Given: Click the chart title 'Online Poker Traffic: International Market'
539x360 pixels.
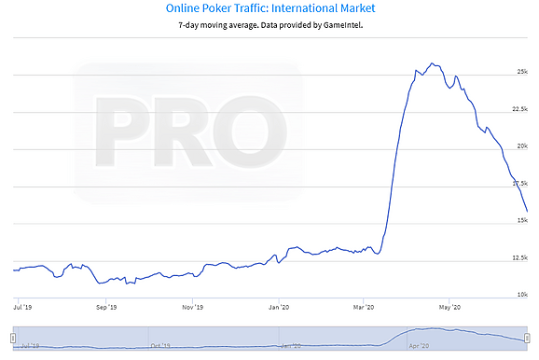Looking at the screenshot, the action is (270, 8).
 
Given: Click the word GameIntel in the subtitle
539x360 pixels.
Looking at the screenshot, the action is (342, 25).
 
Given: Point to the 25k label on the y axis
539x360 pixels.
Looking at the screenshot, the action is (522, 72).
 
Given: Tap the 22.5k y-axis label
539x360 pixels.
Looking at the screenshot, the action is (519, 109).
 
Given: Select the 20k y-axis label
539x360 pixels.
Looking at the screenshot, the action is (522, 146).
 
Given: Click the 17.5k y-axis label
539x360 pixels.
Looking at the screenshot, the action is (519, 184).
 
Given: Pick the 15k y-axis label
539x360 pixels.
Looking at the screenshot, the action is (522, 220).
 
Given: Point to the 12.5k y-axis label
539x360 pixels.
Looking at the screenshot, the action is (519, 257).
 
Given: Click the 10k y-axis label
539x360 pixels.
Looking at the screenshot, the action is (522, 295).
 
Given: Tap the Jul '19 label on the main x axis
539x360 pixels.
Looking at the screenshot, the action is (22, 307).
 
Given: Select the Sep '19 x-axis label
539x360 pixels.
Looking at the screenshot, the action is (106, 307).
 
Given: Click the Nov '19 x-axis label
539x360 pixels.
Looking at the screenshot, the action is (192, 307).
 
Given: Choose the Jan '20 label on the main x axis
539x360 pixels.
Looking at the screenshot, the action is (279, 307).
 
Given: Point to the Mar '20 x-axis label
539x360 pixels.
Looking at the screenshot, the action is (364, 307).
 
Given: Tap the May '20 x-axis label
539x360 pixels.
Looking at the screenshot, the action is (449, 307).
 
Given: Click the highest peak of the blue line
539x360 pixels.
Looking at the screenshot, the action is (432, 63).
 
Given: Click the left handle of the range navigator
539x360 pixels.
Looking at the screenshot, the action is (13, 339).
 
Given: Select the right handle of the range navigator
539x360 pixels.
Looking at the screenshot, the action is (527, 339).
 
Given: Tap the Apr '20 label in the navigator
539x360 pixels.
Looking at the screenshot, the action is (419, 346).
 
